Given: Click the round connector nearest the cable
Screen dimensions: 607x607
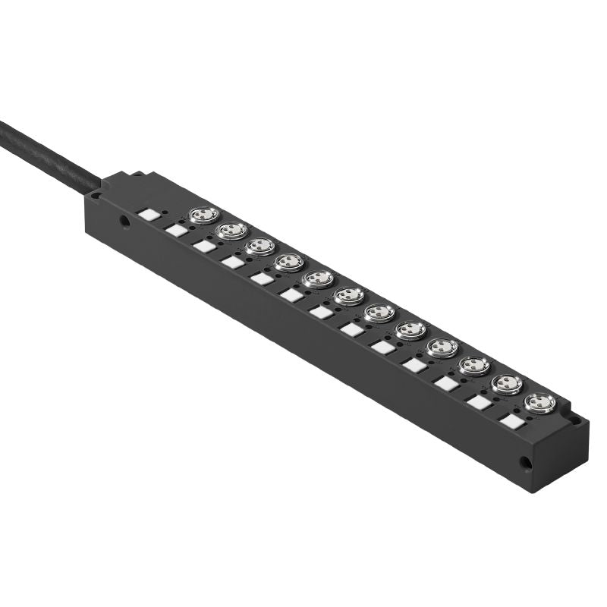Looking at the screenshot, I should [x=204, y=215].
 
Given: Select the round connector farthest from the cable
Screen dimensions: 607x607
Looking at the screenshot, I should [x=539, y=402].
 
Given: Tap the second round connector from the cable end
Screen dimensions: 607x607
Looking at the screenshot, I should [x=232, y=231].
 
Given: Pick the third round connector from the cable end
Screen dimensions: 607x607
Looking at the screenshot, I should [x=260, y=247].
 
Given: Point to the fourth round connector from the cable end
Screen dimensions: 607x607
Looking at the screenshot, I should [x=289, y=263].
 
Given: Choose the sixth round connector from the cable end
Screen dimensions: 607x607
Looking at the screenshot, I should [x=349, y=295].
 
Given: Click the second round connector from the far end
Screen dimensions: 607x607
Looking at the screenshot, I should [x=507, y=383].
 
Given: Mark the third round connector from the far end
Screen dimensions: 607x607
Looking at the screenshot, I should [x=474, y=365].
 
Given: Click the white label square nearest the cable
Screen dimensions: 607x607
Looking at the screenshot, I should [x=149, y=215].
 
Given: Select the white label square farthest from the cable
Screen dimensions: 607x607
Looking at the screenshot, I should [x=513, y=420].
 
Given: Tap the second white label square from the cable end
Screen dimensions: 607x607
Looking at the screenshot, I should [x=176, y=230].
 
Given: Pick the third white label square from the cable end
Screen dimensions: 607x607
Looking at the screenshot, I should [x=204, y=246].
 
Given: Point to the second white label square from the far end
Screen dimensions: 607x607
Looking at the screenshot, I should [x=480, y=402].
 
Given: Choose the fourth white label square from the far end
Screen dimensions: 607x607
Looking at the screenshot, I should [x=414, y=365].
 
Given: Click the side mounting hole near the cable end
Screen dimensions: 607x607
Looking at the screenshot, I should [x=124, y=222].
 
